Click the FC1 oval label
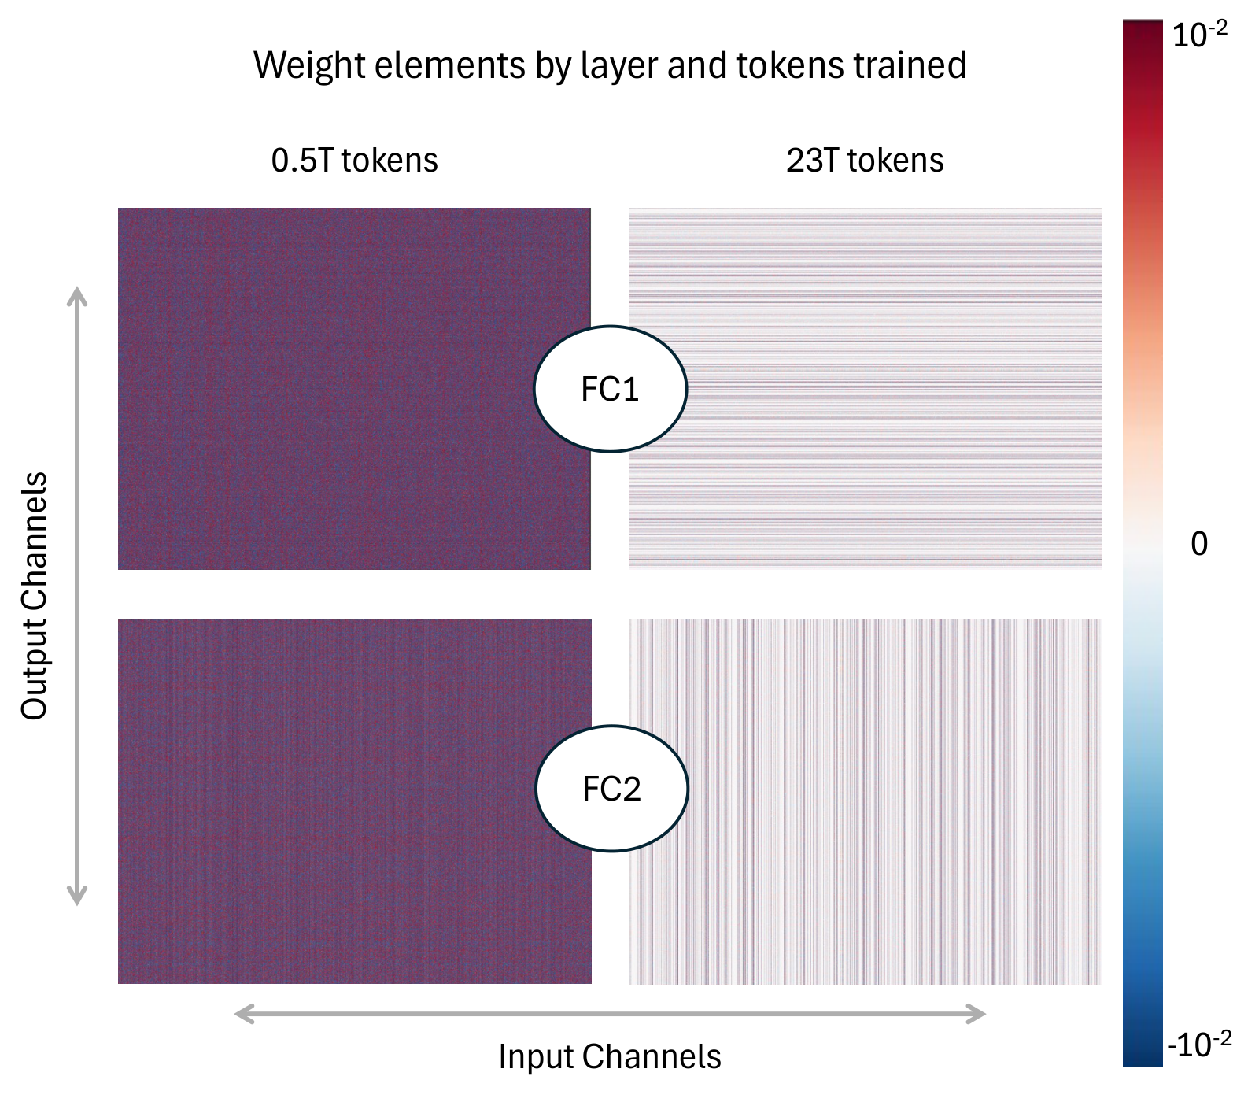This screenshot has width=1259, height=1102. click(611, 389)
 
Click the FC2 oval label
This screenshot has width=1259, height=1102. click(612, 788)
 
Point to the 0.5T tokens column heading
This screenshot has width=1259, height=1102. click(354, 161)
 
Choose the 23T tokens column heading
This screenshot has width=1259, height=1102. click(865, 161)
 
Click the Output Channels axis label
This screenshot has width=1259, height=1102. click(35, 596)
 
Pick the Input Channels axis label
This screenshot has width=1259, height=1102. click(610, 1056)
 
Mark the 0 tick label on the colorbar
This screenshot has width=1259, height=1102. click(1199, 544)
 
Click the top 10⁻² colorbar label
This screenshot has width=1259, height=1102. click(1199, 35)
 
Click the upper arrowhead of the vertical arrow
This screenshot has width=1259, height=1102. click(76, 296)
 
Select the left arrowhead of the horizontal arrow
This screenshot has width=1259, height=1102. click(245, 1014)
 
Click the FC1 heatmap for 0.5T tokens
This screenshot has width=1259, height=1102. click(354, 389)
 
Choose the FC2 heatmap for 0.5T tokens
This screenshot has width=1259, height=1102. click(354, 801)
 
